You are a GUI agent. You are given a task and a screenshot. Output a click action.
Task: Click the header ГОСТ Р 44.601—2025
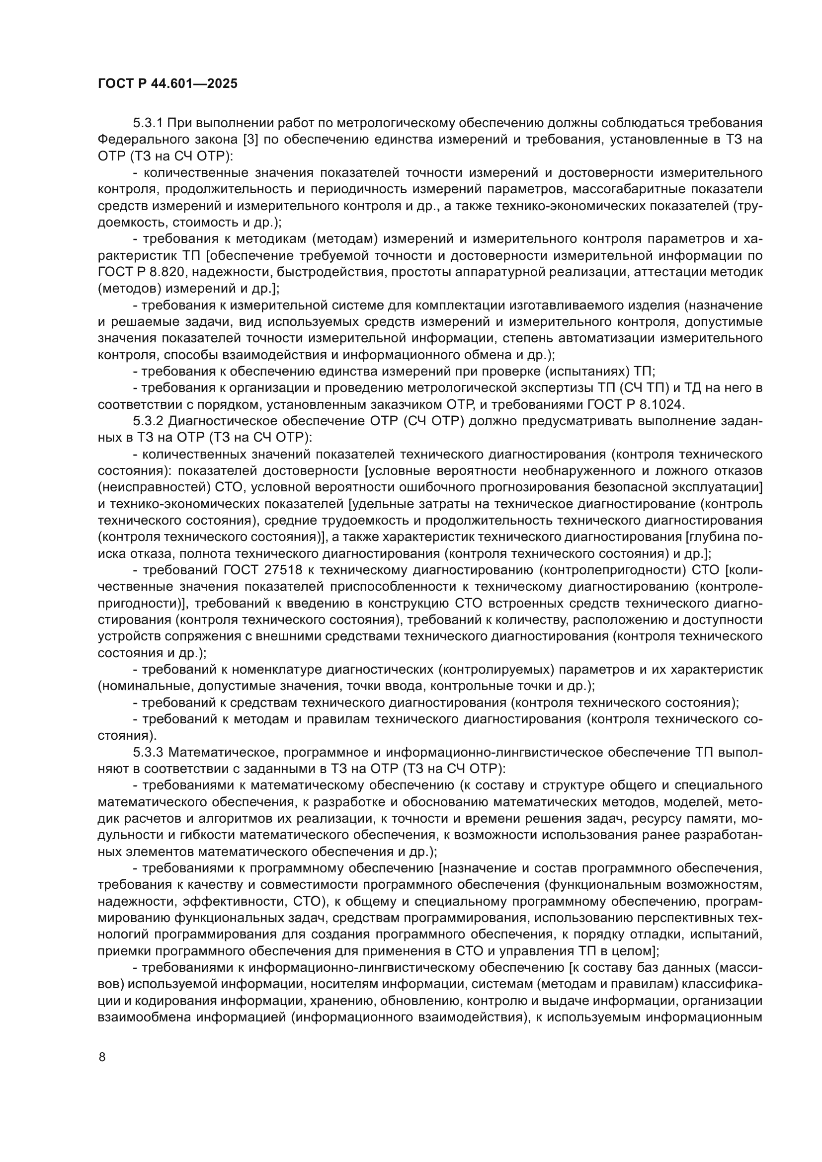[x=167, y=84]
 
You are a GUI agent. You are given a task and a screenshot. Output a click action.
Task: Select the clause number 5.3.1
[x=148, y=123]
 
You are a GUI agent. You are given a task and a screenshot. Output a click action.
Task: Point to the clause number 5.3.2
[x=148, y=421]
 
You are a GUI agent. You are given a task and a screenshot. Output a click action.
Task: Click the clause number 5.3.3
[x=148, y=752]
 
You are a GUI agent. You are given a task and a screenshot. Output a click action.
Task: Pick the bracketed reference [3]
[x=251, y=140]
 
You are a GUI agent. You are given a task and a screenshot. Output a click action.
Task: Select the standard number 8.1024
[x=660, y=404]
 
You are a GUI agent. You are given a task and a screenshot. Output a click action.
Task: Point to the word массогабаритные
[x=634, y=189]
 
